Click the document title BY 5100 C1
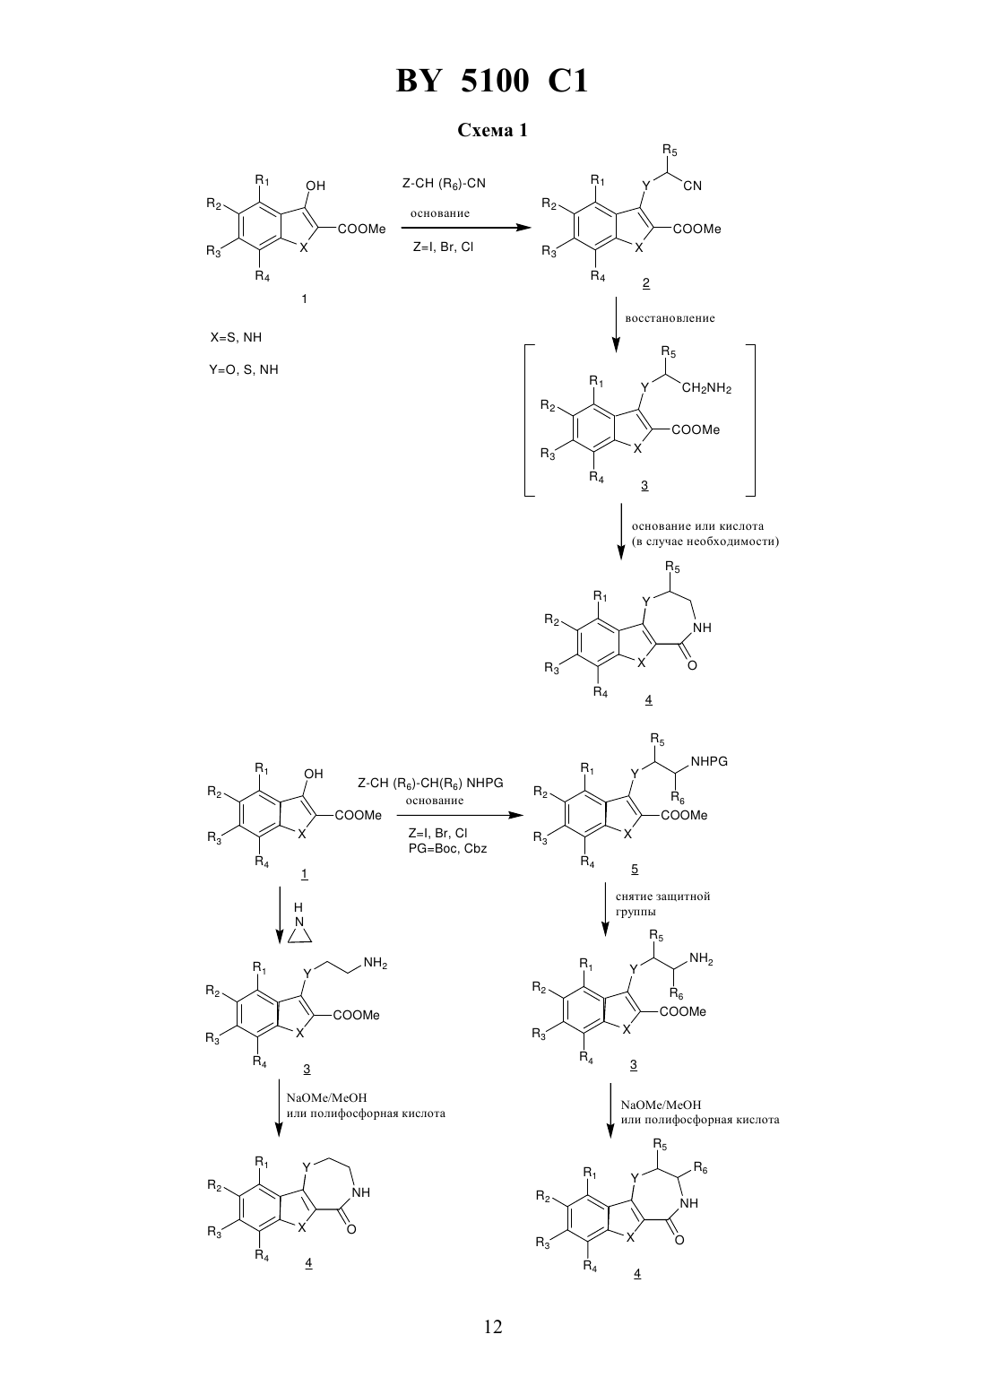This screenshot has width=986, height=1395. point(492,81)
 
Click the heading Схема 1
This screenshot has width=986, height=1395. point(492,130)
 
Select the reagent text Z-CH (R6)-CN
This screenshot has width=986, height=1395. point(444,184)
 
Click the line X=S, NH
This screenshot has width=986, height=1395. point(236,337)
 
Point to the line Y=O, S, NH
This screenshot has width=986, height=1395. point(244,370)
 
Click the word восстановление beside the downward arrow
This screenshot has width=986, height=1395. point(670,318)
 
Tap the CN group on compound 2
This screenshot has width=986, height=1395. point(692,186)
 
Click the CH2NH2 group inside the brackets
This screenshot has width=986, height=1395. point(706,388)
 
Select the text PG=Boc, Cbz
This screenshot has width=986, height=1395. point(447,848)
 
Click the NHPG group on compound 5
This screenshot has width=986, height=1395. point(709,761)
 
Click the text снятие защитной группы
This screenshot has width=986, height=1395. point(662,905)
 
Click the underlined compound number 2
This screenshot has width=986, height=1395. point(646,283)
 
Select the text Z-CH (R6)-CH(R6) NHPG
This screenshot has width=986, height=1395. point(430,784)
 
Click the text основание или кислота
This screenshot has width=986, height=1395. point(697,526)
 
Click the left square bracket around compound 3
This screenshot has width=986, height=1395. point(530,421)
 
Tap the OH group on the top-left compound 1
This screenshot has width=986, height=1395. point(316,186)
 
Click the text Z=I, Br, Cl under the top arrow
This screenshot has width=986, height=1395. point(443,247)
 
